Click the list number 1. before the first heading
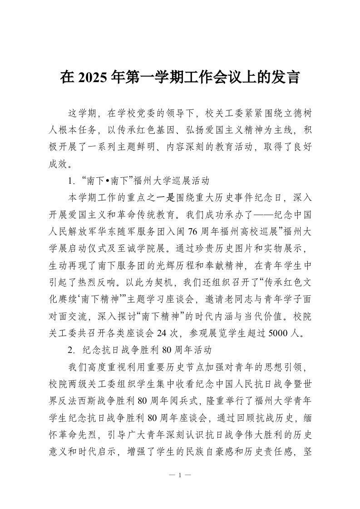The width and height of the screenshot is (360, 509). click(x=71, y=181)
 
